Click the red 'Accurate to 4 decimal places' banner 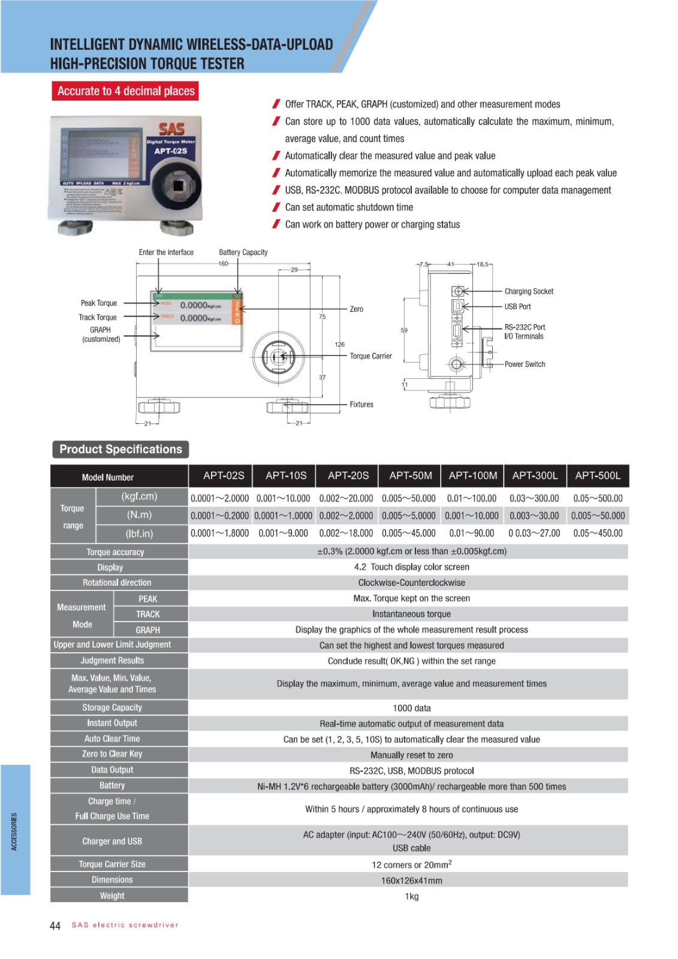pyautogui.click(x=125, y=91)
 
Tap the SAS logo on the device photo pyautogui.click(x=171, y=129)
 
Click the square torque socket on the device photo pyautogui.click(x=178, y=185)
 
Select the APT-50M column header pyautogui.click(x=411, y=475)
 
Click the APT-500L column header pyautogui.click(x=598, y=475)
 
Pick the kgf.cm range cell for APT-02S pyautogui.click(x=220, y=498)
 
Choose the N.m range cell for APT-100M pyautogui.click(x=472, y=515)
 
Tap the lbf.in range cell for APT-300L pyautogui.click(x=534, y=533)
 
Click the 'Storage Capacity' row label pyautogui.click(x=112, y=707)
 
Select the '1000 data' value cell pyautogui.click(x=411, y=708)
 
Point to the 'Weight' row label pyautogui.click(x=112, y=895)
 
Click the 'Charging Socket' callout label pyautogui.click(x=529, y=291)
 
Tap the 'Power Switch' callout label pyautogui.click(x=525, y=364)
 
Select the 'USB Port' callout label pyautogui.click(x=517, y=306)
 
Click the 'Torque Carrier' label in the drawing pyautogui.click(x=370, y=356)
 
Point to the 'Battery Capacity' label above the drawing pyautogui.click(x=243, y=252)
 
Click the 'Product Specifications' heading pyautogui.click(x=120, y=449)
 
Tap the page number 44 pyautogui.click(x=55, y=926)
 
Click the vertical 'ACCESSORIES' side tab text pyautogui.click(x=14, y=831)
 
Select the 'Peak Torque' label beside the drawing pyautogui.click(x=99, y=303)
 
